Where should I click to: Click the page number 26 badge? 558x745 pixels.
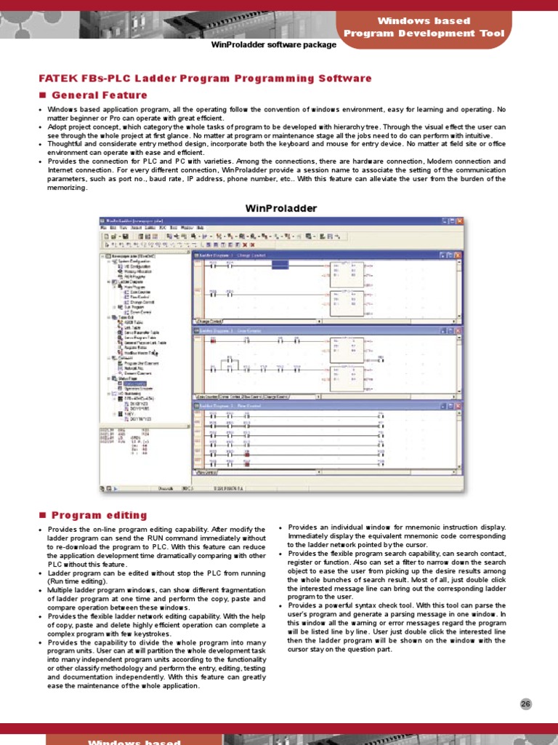(526, 704)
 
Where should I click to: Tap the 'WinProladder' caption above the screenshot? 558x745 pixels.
(282, 208)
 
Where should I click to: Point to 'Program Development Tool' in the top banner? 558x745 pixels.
(424, 33)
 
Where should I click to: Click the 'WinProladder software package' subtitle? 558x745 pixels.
(273, 45)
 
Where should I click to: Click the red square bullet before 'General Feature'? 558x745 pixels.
(42, 95)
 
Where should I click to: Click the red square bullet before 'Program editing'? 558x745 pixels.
(42, 515)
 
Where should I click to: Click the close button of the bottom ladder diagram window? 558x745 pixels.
(458, 405)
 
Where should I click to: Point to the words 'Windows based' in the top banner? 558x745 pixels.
(424, 21)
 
